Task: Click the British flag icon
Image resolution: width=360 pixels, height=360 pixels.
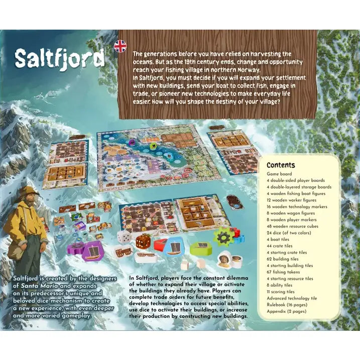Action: coord(120,46)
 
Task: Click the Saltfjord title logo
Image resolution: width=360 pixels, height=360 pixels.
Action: coord(59,59)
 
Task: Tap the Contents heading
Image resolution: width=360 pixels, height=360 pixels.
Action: coord(281,165)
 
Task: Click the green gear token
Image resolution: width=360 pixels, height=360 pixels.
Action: coord(222,236)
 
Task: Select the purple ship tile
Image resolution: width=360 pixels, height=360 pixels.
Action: coord(89,250)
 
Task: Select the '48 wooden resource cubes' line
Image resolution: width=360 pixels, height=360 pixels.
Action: coord(296,226)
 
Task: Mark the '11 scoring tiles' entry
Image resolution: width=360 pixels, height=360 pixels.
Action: coord(281,292)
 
